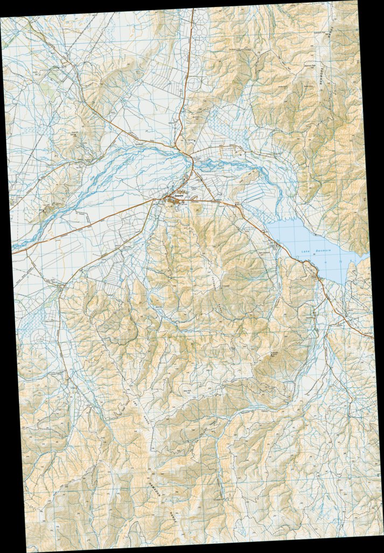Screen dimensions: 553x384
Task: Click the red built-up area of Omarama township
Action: (175, 201)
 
